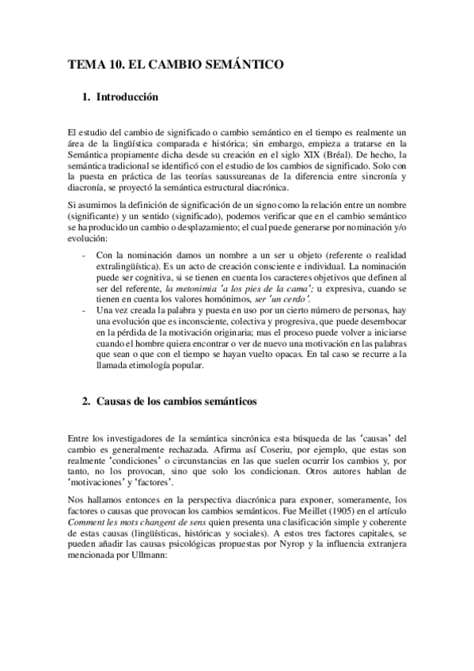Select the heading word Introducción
pyautogui.click(x=127, y=97)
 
